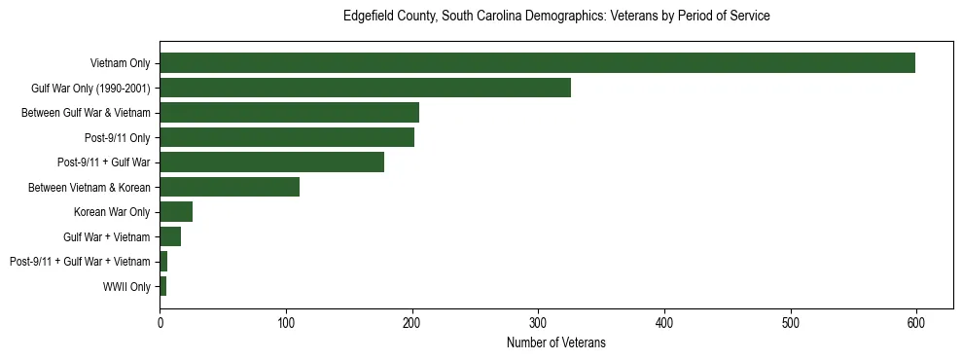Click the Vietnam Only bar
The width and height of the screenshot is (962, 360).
[x=537, y=63]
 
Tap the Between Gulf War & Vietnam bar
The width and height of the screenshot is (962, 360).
[x=289, y=113]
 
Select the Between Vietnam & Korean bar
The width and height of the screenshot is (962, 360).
[x=230, y=187]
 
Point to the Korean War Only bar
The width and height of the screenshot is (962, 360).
[x=176, y=212]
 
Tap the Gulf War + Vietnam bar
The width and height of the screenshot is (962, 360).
[x=170, y=236]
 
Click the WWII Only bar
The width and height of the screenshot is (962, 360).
[x=163, y=286]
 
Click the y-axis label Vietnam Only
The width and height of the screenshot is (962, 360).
[x=121, y=63]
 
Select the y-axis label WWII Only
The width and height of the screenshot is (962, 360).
[x=126, y=286]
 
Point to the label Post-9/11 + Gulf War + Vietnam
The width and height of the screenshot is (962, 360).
[x=80, y=262]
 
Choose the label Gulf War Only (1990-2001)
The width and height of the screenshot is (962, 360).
[x=91, y=88]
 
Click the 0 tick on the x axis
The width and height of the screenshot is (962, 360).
[x=160, y=322]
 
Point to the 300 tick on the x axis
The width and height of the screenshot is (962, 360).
[x=538, y=322]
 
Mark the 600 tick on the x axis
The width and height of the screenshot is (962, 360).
[x=915, y=322]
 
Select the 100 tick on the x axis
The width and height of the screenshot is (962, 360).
[x=286, y=322]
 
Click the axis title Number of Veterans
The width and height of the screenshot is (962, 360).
[x=555, y=342]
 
